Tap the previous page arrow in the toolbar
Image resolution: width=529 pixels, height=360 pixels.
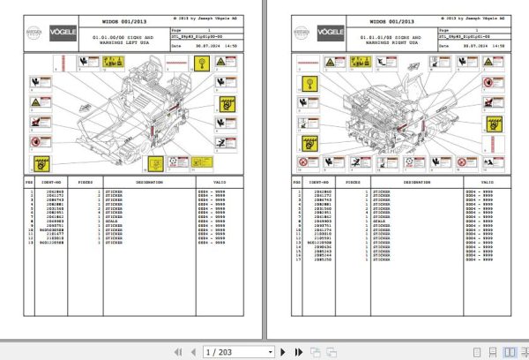point(193,350)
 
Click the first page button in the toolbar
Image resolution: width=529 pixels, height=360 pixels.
point(179,350)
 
